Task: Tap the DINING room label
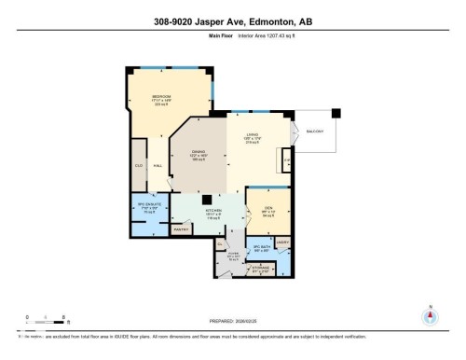pos(198,152)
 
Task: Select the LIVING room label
pos(252,136)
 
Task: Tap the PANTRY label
pos(181,228)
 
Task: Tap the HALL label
pos(158,164)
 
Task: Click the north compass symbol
pos(430,316)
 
